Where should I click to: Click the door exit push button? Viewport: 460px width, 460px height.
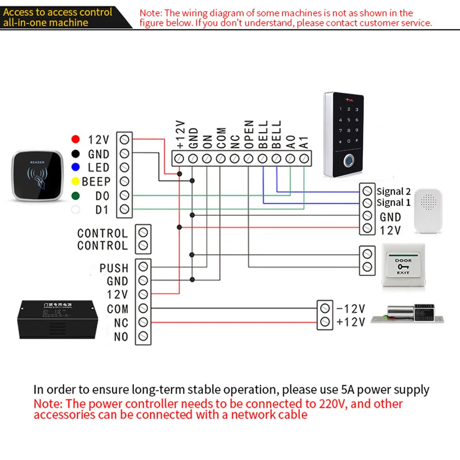pyautogui.click(x=402, y=266)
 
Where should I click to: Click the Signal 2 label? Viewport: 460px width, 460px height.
pyautogui.click(x=393, y=191)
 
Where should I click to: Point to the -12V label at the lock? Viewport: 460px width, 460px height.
pyautogui.click(x=351, y=308)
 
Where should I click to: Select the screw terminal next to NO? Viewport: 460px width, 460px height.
pyautogui.click(x=143, y=336)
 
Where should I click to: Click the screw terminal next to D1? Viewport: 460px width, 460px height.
pyautogui.click(x=123, y=210)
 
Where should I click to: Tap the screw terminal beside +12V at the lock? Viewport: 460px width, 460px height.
pyautogui.click(x=325, y=322)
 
